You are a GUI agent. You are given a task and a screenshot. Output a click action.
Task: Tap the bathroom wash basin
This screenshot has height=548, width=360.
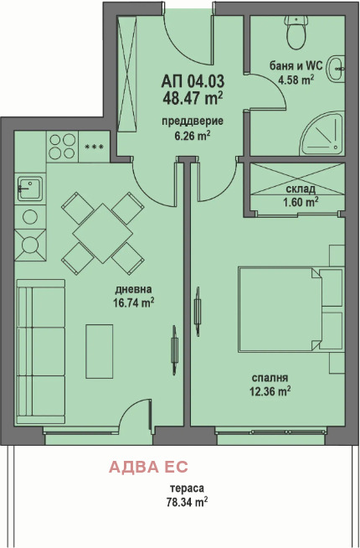coord(336,69)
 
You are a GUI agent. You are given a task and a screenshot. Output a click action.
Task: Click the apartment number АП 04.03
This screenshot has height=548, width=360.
coord(193,81)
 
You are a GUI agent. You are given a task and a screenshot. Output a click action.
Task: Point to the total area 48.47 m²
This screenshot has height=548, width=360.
coord(193,98)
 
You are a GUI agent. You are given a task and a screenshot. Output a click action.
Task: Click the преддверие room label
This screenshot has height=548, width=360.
coord(193,121)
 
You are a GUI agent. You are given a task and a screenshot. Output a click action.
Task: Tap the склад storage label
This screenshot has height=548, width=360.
coord(301,189)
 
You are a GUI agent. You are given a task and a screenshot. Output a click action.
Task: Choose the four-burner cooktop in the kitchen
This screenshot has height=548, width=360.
coord(62,147)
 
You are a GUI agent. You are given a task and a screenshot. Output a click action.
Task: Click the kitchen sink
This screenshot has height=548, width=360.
coord(30,189)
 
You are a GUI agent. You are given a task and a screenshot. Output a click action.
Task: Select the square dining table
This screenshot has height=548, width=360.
coord(103,233)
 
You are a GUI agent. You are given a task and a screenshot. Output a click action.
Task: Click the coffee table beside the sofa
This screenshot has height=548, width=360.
coord(100,351)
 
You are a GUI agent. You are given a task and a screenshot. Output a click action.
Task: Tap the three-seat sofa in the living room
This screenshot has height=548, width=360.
coord(41,352)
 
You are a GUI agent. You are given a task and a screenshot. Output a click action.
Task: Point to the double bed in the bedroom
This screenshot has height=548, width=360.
coord(291,309)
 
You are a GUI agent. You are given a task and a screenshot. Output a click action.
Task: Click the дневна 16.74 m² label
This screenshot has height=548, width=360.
coord(134,296)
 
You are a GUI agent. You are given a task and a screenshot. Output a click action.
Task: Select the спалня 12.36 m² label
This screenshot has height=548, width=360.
coord(270,385)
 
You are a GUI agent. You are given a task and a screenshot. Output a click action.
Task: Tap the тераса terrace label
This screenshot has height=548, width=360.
coord(188,489)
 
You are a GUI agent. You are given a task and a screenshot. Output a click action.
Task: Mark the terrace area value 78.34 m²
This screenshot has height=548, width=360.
coord(188,502)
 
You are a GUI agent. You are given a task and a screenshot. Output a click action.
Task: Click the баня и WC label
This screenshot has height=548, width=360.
coord(296,65)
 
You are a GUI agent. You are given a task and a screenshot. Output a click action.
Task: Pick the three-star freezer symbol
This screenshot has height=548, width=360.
coord(95,147)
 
